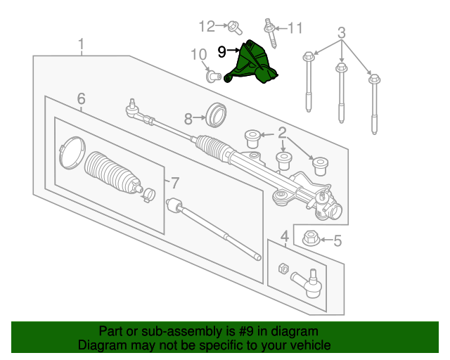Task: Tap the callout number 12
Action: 207,27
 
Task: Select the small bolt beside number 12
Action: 235,28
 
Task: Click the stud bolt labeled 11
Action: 270,34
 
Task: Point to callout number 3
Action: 342,33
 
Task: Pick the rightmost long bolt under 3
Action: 374,104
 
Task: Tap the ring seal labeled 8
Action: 217,115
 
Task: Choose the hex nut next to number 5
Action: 311,238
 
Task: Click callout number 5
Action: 337,240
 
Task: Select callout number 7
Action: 175,183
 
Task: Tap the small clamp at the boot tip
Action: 148,195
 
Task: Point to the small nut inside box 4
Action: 283,268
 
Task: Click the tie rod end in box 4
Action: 307,283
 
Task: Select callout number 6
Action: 82,98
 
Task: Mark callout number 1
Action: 82,44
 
